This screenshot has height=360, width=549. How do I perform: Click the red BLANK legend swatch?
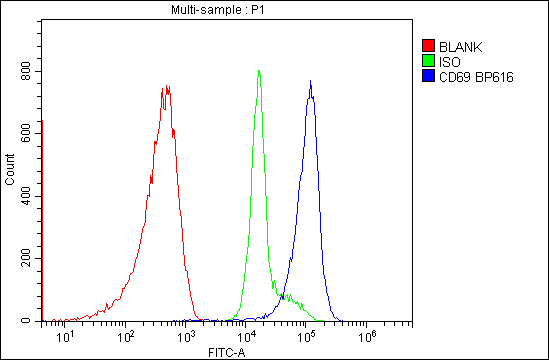pyautogui.click(x=429, y=46)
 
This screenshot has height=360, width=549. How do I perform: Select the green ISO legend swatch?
pyautogui.click(x=429, y=61)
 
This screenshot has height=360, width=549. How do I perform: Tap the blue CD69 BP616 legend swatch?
pyautogui.click(x=429, y=77)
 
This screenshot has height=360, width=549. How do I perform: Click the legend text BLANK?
pyautogui.click(x=460, y=46)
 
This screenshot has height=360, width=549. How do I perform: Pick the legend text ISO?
pyautogui.click(x=449, y=61)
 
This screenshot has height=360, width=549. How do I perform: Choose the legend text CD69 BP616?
pyautogui.click(x=476, y=77)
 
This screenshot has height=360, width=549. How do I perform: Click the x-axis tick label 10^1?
pyautogui.click(x=65, y=337)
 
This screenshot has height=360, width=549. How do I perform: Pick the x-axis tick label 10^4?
pyautogui.click(x=247, y=337)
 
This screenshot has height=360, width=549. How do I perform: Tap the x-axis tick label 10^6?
pyautogui.click(x=367, y=337)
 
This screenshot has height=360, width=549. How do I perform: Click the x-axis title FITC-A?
pyautogui.click(x=227, y=352)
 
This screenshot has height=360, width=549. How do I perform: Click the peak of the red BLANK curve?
pyautogui.click(x=166, y=87)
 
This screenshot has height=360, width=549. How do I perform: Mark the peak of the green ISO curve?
pyautogui.click(x=259, y=70)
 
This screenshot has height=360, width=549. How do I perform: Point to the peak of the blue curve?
pyautogui.click(x=311, y=81)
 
